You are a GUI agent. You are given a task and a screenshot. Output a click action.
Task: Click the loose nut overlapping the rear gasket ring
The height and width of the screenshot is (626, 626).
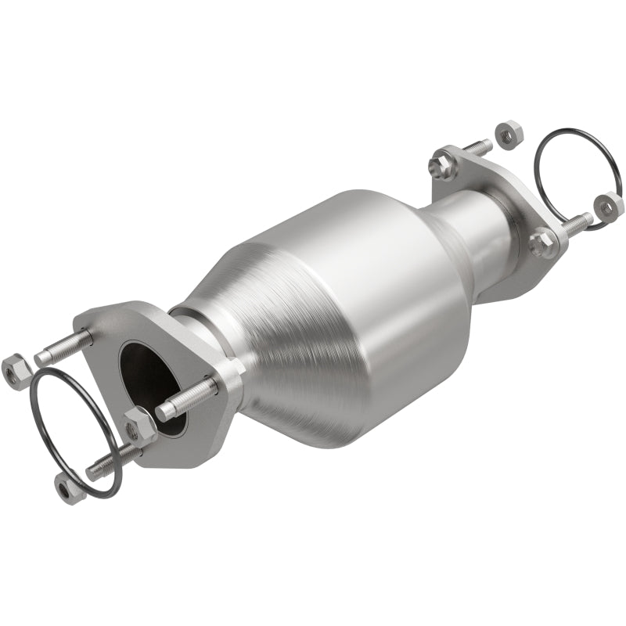click(x=608, y=205)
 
